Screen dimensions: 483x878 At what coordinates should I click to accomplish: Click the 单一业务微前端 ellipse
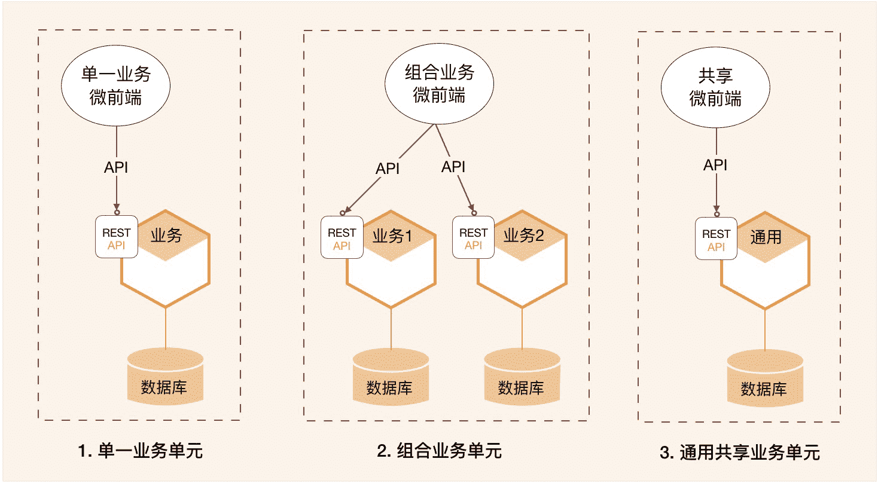tap(116, 87)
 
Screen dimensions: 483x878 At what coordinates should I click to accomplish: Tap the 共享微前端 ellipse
tap(715, 87)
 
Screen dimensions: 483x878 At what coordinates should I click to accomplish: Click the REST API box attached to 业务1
tap(342, 238)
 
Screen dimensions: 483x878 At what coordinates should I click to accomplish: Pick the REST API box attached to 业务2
tap(473, 238)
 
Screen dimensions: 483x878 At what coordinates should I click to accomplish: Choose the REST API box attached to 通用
tap(716, 239)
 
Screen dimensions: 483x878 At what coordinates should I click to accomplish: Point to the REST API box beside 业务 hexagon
tap(117, 237)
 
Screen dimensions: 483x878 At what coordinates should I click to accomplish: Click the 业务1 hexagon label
tap(392, 236)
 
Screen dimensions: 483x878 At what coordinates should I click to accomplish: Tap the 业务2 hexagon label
tap(523, 236)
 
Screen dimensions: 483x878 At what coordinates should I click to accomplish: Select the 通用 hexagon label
tap(766, 237)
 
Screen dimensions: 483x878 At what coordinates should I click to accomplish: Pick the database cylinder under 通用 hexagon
tap(764, 379)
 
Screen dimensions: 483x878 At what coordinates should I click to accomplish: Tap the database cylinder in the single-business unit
tap(165, 377)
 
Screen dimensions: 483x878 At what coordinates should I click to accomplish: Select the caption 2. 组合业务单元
tap(439, 451)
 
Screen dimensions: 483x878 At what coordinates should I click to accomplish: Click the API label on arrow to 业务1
tap(387, 169)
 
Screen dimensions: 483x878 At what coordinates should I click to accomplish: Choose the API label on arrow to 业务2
tap(453, 167)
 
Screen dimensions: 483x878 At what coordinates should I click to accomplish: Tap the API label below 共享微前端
tap(715, 165)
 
